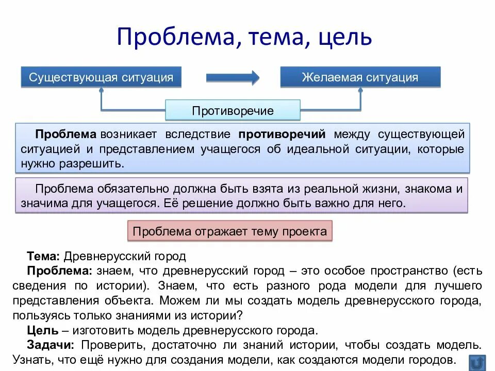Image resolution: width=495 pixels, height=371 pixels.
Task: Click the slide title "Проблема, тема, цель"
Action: coord(245,37)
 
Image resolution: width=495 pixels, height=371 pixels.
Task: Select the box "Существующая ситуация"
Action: coord(101,77)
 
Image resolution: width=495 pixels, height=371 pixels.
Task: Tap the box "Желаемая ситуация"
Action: coord(360,77)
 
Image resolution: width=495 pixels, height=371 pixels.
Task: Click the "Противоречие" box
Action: coord(233,111)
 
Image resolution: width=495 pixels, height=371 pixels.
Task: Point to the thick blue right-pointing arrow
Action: coord(233,78)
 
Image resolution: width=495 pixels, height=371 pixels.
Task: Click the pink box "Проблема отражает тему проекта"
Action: coord(230,231)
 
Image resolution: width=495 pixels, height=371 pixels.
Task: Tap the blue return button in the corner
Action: coord(477,361)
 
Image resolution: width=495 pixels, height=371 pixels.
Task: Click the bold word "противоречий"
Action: coord(282,134)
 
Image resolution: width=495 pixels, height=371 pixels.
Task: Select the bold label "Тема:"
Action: coord(44,256)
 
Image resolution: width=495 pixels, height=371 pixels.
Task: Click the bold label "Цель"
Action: coord(39,330)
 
